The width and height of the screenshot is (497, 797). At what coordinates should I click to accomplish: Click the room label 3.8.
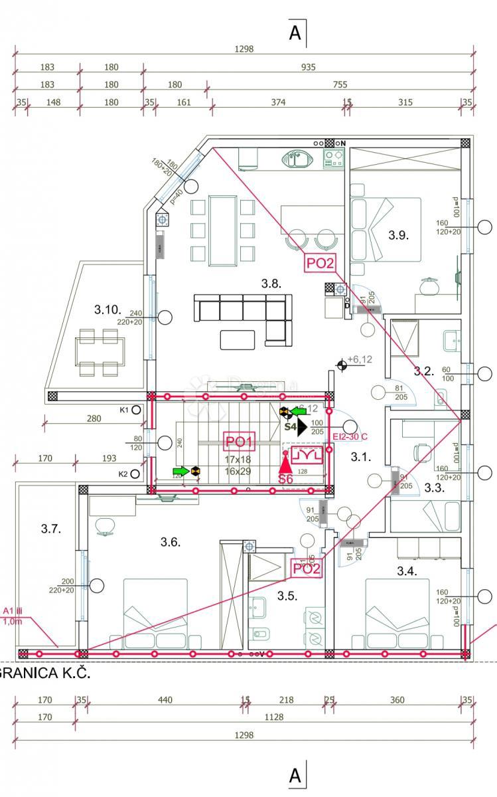point(271,284)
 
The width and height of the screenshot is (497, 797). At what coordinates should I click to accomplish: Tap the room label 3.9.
point(399,234)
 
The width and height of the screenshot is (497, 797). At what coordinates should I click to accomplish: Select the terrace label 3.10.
point(107,310)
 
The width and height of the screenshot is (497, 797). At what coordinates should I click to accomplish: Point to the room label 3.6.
point(170,542)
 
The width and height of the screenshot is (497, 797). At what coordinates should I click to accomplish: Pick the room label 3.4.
point(407,571)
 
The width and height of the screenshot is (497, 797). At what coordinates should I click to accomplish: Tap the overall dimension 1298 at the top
point(244,49)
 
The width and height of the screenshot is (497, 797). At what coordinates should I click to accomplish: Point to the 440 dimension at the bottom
point(165,699)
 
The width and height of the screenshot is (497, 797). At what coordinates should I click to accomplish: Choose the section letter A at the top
point(296,33)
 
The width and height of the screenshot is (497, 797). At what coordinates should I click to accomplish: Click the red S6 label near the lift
point(286,479)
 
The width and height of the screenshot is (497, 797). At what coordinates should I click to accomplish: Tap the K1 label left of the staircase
point(123,410)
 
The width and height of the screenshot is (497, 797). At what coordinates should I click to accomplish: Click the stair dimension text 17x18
point(238,460)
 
